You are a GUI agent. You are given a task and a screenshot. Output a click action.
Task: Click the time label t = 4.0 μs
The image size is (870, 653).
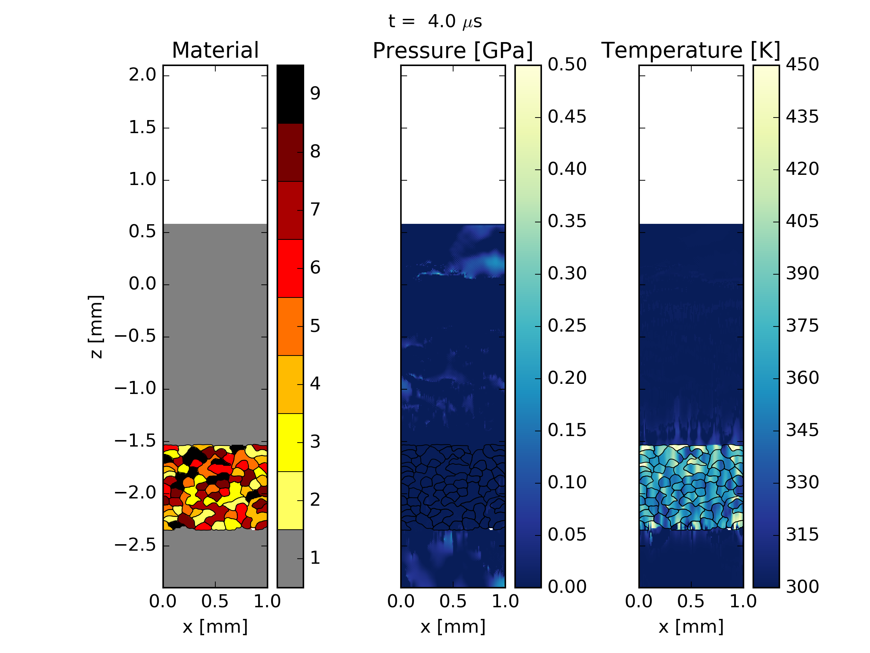(435, 22)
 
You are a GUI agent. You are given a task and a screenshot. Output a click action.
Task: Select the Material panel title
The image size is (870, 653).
(215, 50)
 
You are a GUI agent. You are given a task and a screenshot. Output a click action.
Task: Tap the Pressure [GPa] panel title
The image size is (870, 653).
(453, 51)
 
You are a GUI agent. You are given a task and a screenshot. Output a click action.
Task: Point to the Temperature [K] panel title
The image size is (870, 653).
(691, 50)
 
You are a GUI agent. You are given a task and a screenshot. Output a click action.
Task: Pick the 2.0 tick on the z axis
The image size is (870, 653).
(142, 75)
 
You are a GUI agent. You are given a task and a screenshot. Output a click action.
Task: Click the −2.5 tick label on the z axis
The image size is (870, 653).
(135, 546)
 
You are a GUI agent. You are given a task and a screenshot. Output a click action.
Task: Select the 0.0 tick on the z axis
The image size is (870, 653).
(142, 284)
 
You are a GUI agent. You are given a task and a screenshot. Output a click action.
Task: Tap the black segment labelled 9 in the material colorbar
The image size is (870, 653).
(290, 94)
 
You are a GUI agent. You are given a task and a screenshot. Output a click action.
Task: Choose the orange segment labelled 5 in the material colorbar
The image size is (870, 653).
(290, 326)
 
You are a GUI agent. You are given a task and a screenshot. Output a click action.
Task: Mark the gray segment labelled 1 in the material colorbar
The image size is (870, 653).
(290, 558)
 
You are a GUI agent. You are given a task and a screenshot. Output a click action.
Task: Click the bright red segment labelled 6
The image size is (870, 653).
(290, 268)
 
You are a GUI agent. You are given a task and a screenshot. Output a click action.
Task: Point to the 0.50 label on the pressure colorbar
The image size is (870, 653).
(567, 65)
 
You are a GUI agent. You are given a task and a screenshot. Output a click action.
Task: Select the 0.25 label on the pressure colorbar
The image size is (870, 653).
(567, 326)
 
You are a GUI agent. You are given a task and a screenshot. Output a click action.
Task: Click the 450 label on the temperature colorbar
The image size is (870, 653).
(802, 65)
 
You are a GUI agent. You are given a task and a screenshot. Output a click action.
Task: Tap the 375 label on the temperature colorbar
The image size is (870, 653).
(802, 326)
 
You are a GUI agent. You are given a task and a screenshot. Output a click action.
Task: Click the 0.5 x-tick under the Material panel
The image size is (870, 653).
(215, 601)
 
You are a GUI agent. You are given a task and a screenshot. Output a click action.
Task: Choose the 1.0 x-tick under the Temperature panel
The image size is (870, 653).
(743, 601)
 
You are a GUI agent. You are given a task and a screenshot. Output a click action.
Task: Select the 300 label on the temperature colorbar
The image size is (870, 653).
(802, 587)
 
